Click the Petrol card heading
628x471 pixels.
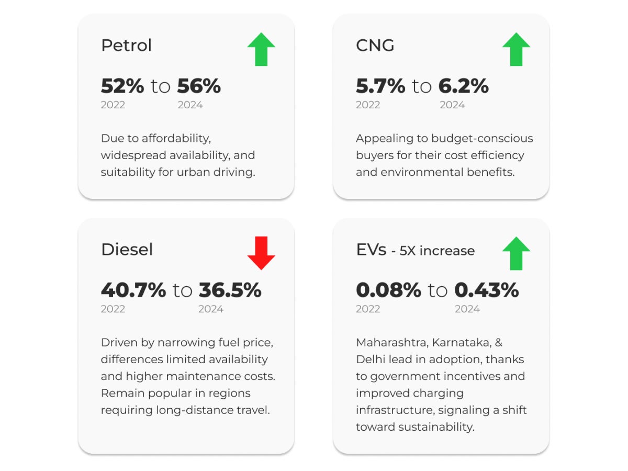click(x=126, y=46)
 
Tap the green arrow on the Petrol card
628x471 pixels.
click(x=261, y=49)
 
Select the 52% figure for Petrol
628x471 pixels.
click(x=122, y=86)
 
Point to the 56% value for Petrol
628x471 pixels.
click(x=199, y=86)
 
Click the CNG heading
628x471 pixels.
click(x=375, y=46)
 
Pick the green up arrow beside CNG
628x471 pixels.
click(x=516, y=49)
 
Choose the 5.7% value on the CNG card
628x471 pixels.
click(x=380, y=86)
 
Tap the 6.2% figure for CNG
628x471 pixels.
click(x=464, y=86)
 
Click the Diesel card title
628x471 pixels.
click(x=127, y=250)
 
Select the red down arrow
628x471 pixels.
click(x=261, y=253)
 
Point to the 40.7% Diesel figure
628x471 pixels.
click(x=133, y=290)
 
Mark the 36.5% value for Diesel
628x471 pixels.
click(x=230, y=290)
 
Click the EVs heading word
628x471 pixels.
click(x=371, y=250)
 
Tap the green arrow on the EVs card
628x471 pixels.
click(x=516, y=253)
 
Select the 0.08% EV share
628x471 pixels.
click(x=388, y=290)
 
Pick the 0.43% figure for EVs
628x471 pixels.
click(x=486, y=290)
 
